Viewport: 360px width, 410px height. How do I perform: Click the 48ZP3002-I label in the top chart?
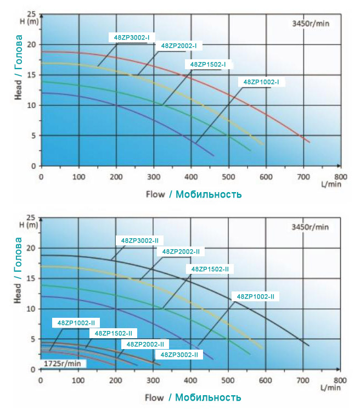click(132, 37)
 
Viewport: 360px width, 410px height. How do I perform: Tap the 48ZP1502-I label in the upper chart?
click(208, 64)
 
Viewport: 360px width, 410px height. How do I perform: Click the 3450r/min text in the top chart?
click(310, 23)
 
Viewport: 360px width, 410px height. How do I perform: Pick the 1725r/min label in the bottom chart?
click(63, 363)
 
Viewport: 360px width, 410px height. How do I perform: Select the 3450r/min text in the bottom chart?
click(310, 227)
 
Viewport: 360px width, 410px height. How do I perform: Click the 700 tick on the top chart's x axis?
click(303, 177)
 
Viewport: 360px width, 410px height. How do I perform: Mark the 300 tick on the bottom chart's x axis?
click(153, 380)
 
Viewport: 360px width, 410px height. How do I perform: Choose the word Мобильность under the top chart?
click(209, 194)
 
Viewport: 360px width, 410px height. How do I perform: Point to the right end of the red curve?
click(310, 142)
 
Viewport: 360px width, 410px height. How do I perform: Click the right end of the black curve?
click(310, 346)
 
